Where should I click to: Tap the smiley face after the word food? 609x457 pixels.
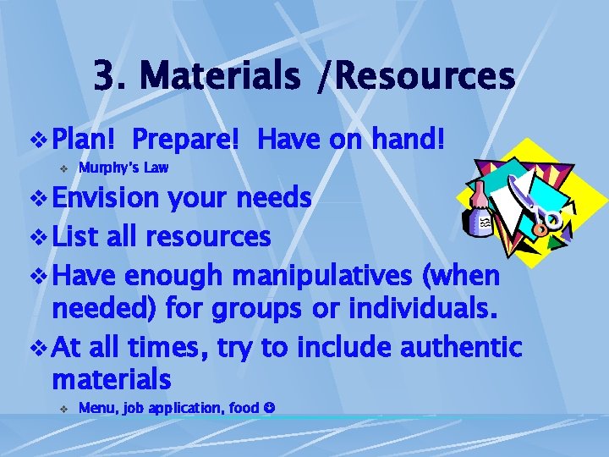click(x=268, y=408)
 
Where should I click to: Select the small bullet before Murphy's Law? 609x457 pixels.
click(x=63, y=168)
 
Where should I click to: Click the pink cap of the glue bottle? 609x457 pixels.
click(x=479, y=188)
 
